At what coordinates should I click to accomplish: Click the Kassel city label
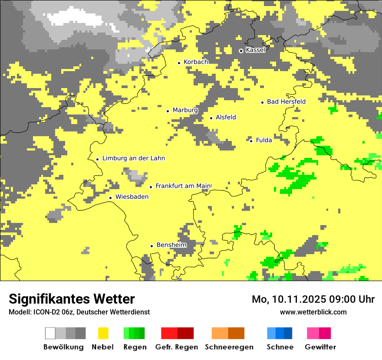(x=255, y=50)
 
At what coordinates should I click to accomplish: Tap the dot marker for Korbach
(x=179, y=63)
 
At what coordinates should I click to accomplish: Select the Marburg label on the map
(x=185, y=110)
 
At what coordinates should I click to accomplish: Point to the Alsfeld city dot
(x=211, y=118)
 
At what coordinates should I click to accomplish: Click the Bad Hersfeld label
(x=286, y=102)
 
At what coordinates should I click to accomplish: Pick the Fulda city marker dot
(x=251, y=141)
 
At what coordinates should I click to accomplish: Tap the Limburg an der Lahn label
(x=134, y=158)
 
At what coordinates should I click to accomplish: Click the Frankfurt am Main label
(x=183, y=186)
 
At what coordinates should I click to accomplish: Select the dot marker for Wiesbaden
(x=111, y=198)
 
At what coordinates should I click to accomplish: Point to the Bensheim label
(x=171, y=245)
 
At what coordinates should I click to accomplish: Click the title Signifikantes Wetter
(x=72, y=299)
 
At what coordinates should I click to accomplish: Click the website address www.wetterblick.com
(x=313, y=312)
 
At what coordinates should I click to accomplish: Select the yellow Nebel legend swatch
(x=103, y=333)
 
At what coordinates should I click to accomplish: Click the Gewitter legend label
(x=320, y=347)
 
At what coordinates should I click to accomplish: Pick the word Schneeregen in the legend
(x=229, y=347)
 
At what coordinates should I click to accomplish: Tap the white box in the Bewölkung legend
(x=50, y=333)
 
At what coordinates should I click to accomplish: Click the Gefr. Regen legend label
(x=176, y=347)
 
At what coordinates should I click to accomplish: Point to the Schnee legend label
(x=280, y=347)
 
